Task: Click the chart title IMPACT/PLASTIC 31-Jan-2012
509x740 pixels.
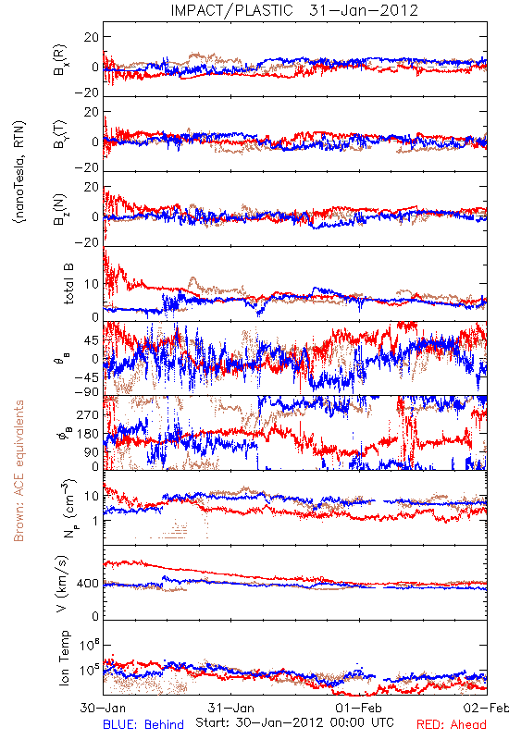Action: (294, 10)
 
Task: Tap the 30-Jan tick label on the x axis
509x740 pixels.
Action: (103, 708)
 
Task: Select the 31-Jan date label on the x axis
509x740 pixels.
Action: (230, 708)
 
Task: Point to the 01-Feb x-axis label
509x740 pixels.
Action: (358, 708)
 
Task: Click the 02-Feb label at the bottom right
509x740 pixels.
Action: (486, 708)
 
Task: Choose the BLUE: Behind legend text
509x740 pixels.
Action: (143, 725)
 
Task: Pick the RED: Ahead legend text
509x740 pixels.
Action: (451, 725)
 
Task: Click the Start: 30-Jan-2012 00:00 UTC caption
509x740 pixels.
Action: (294, 722)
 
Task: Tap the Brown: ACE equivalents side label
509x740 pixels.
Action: (19, 471)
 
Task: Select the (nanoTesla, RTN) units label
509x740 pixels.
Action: (19, 172)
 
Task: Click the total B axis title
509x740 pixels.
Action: (68, 284)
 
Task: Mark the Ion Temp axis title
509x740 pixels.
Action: (65, 658)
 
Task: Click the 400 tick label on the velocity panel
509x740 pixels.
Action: (88, 584)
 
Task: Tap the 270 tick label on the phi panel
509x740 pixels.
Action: (88, 414)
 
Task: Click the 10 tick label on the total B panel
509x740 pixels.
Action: (92, 284)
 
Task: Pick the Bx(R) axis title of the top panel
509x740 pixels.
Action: (60, 60)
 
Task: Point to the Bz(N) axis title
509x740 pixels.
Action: (60, 210)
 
